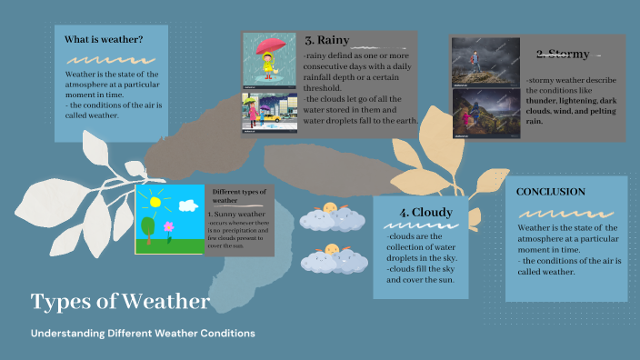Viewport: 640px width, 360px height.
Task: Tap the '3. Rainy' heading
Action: pos(328,40)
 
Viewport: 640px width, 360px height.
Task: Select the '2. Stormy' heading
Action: pos(563,54)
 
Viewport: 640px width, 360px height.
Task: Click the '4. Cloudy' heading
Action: pos(419,213)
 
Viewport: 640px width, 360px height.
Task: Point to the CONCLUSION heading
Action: pos(550,192)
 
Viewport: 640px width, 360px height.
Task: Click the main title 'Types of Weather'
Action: pos(120,301)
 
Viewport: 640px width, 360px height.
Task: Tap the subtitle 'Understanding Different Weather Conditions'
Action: pos(143,334)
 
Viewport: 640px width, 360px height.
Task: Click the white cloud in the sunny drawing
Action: pos(188,205)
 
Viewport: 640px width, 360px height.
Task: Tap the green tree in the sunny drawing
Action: pos(147,225)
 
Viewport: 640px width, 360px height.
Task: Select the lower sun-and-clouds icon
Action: pos(331,257)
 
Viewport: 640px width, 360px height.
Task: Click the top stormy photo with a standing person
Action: pos(485,60)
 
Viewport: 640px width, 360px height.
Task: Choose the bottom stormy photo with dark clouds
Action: pos(485,113)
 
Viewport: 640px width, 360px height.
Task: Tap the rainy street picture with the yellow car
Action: pos(270,115)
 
